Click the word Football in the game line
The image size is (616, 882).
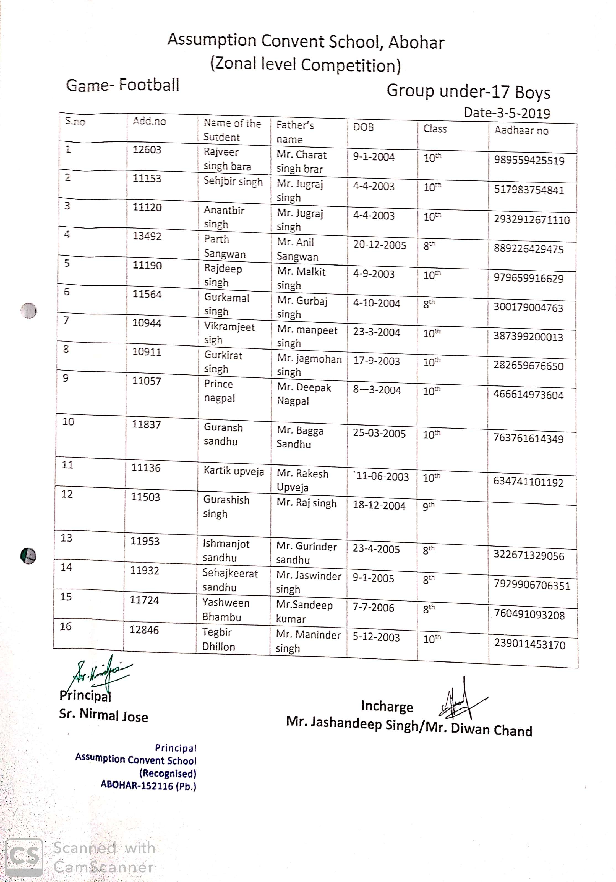tap(149, 85)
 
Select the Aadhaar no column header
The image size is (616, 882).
tap(521, 131)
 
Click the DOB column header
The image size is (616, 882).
tap(363, 127)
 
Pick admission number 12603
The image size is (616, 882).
tap(147, 150)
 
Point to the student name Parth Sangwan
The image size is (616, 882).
tap(225, 246)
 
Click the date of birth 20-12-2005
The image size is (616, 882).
tap(379, 245)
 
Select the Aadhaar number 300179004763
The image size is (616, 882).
tap(528, 308)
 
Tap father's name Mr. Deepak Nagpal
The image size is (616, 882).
tap(304, 394)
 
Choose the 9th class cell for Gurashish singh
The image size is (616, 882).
tap(429, 506)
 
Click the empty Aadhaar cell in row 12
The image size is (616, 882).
tap(532, 524)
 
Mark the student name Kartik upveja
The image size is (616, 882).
tap(234, 471)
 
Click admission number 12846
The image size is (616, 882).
tap(144, 630)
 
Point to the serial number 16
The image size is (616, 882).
tap(66, 626)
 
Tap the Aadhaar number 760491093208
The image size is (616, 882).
tap(529, 614)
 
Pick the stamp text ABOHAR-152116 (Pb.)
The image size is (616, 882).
tap(148, 786)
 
